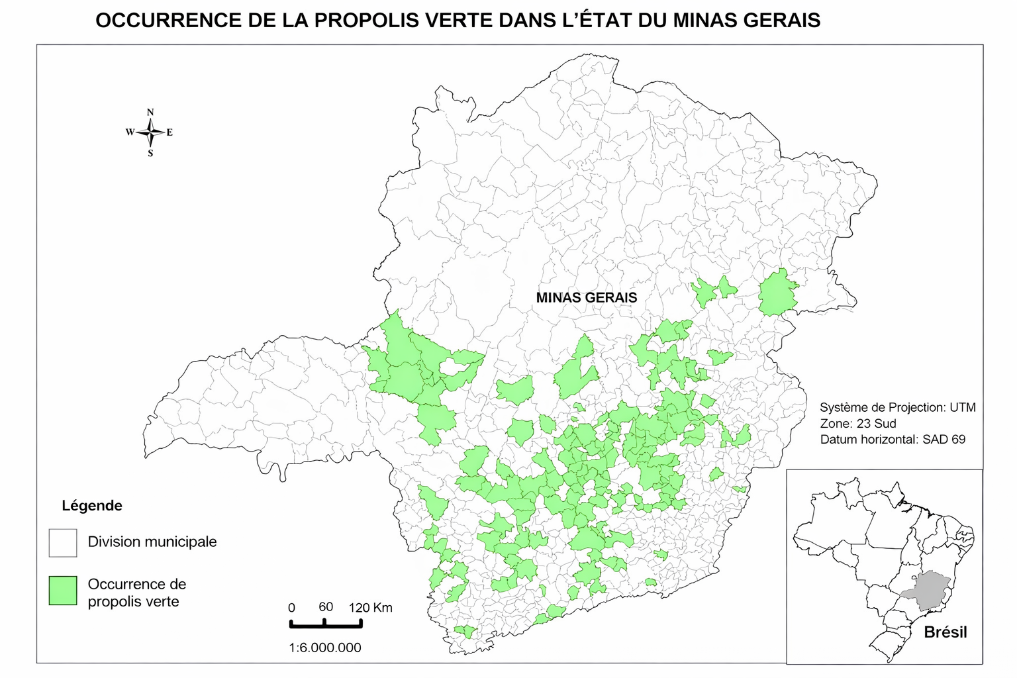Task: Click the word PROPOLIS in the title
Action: point(366,21)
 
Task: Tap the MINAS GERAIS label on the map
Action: point(587,298)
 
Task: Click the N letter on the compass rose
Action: point(150,112)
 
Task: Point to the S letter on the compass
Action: point(150,154)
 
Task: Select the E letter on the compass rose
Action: point(169,132)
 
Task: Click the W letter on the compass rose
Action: point(130,132)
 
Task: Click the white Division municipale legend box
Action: point(63,542)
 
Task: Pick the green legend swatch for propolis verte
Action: point(63,591)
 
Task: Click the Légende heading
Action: point(92,506)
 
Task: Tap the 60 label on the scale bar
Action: point(326,607)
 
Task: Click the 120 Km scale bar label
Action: point(371,607)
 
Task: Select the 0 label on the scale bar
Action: point(291,608)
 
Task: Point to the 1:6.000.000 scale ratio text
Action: point(325,648)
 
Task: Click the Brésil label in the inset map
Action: point(945,632)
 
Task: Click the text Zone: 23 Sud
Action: point(857,424)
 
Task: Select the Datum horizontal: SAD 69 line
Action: point(893,439)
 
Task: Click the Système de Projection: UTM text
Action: point(897,408)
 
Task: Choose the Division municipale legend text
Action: point(152,542)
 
